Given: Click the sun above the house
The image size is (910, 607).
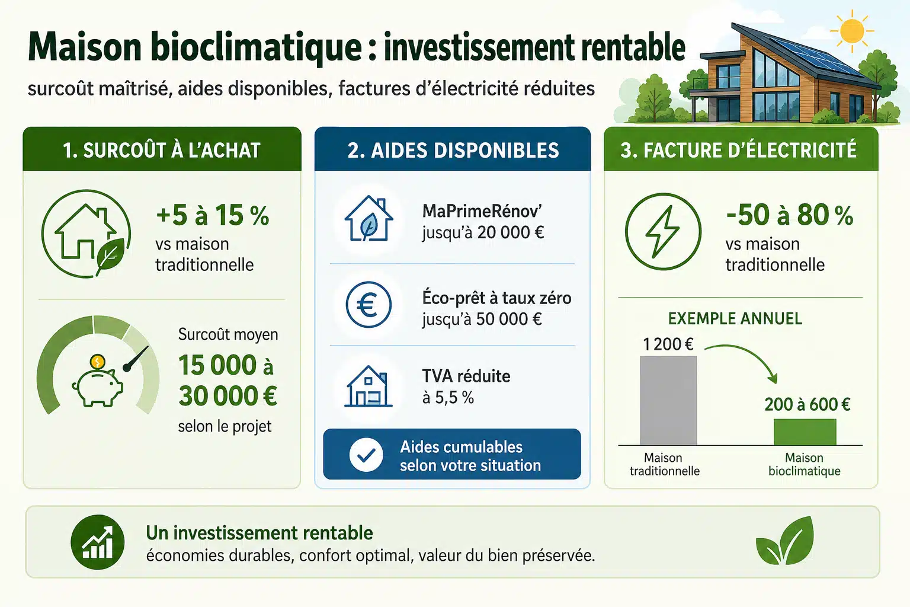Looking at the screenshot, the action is coord(852,31).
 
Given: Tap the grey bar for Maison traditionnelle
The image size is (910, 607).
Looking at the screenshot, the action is coord(668,401).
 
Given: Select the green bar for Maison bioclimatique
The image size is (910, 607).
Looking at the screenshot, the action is coord(805,432).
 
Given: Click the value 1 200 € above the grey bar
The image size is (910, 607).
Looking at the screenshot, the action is coord(668,344).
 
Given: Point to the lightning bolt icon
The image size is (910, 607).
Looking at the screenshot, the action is coord(662,231).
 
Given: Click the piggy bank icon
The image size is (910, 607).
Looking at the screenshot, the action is coord(98,388).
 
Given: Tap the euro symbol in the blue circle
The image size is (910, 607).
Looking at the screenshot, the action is coord(368,305).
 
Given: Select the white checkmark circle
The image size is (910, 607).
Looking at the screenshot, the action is coord(366,455).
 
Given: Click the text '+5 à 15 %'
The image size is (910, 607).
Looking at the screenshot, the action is coord(213,215).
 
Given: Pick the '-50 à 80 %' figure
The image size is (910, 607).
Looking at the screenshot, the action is coord(789,215).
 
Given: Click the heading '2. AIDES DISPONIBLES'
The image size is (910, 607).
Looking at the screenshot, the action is coord(453,150).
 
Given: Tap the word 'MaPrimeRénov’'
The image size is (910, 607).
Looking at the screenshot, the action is coord(482,211).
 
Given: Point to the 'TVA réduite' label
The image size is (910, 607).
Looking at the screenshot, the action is coord(466,376).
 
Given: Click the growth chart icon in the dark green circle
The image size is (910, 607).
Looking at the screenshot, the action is coord(98,542).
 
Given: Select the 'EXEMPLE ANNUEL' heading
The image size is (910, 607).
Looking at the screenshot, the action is coord(735,319).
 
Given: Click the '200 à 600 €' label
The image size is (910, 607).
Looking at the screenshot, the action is coord(808,404).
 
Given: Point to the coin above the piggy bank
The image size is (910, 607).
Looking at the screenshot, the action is coord(98,361).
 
